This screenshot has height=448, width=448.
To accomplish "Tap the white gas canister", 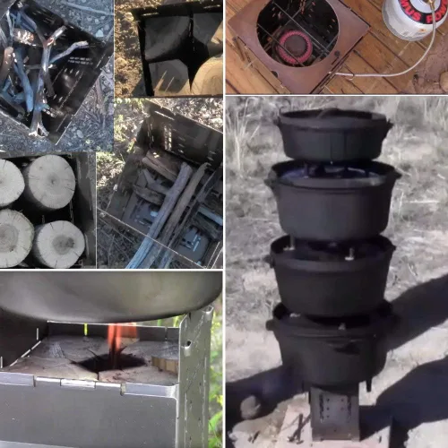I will [414, 20].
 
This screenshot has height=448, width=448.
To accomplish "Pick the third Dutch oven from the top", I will [332, 274].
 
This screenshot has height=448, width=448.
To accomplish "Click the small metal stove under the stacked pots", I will [334, 411].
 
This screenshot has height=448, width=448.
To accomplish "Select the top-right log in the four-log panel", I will [50, 182].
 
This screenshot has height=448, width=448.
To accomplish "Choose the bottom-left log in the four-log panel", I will [13, 237].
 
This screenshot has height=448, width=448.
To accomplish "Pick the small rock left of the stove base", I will [250, 409].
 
